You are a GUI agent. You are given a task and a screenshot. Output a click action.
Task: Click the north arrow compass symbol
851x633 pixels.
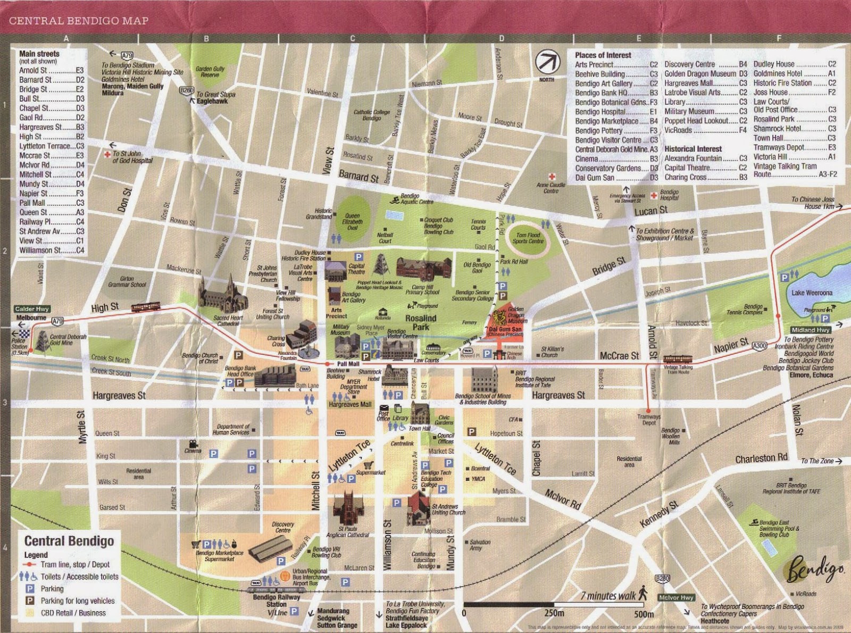pyautogui.click(x=547, y=62)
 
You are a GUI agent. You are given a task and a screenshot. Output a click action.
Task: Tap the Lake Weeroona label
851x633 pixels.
pyautogui.click(x=812, y=293)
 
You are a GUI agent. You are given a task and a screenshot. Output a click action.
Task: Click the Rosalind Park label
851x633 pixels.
pyautogui.click(x=421, y=322)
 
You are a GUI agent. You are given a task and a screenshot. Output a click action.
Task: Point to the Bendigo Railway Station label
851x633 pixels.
pyautogui.click(x=276, y=601)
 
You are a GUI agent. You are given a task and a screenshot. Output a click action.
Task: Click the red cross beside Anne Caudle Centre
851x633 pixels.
pyautogui.click(x=552, y=177)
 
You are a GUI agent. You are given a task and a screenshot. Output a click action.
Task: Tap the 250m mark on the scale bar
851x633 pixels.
pyautogui.click(x=554, y=613)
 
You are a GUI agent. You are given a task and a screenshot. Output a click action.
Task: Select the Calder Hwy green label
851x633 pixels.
pyautogui.click(x=32, y=309)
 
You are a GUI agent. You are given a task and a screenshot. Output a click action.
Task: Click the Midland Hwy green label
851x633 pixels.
pyautogui.click(x=811, y=330)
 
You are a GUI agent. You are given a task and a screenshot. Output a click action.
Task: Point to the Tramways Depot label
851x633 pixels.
pyautogui.click(x=649, y=420)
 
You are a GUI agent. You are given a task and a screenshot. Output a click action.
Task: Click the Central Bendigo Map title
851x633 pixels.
pyautogui.click(x=79, y=21)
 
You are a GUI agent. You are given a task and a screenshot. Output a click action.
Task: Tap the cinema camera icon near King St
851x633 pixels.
pyautogui.click(x=192, y=443)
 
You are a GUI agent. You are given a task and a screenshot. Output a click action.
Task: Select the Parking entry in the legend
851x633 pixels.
pyautogui.click(x=52, y=588)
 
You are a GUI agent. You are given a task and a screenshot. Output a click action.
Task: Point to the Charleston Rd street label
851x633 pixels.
pyautogui.click(x=761, y=458)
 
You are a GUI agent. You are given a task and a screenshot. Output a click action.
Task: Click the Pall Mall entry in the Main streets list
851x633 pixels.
pyautogui.click(x=51, y=203)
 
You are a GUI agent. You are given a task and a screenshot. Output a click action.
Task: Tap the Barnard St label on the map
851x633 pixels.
pyautogui.click(x=358, y=176)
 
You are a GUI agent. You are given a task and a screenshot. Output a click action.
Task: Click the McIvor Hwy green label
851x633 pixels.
pyautogui.click(x=675, y=597)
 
